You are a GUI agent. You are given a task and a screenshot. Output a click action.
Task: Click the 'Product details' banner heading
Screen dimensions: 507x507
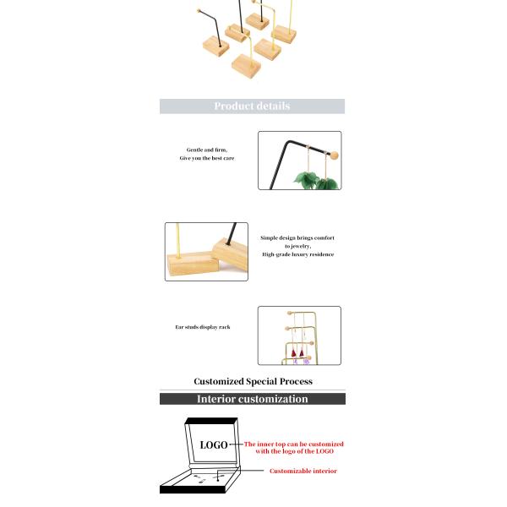tap(252, 106)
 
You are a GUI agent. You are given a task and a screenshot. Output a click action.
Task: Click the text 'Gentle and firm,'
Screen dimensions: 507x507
tap(207, 150)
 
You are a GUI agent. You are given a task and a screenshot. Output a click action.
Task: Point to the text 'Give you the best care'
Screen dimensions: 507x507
tap(207, 158)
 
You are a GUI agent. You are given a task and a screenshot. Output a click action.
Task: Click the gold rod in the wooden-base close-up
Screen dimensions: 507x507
tap(178, 240)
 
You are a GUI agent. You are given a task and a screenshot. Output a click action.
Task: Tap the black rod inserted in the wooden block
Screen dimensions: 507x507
tap(228, 237)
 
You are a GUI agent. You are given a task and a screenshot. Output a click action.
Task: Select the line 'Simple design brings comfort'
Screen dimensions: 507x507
tap(297, 238)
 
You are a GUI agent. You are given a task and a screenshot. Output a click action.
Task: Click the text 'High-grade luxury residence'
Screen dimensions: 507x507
tap(297, 254)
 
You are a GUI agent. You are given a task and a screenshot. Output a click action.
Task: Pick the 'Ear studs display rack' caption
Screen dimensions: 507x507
tap(202, 326)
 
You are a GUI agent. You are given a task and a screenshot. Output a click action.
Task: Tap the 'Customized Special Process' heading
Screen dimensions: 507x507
tap(252, 382)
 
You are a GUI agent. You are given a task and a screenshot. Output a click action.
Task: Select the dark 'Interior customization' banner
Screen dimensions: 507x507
tap(252, 399)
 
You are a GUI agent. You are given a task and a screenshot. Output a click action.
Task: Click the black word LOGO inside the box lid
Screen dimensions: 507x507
tap(214, 444)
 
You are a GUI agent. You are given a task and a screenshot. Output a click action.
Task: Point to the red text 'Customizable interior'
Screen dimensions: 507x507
tap(303, 471)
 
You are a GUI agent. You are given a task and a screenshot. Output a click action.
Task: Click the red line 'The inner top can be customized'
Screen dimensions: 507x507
tap(294, 444)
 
